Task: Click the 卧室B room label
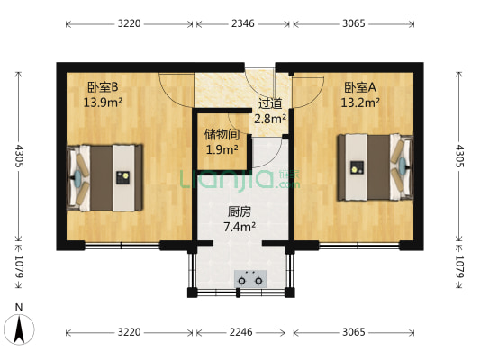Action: click(104, 87)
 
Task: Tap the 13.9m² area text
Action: click(104, 102)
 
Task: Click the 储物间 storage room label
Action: click(222, 135)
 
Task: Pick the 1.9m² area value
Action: click(222, 149)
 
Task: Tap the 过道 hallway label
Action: click(270, 103)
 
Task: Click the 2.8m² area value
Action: click(270, 118)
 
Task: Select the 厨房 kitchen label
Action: click(240, 212)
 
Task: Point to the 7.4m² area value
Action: click(240, 227)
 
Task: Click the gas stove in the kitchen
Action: click(249, 280)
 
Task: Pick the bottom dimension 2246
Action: click(240, 332)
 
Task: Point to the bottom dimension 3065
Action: click(353, 332)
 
